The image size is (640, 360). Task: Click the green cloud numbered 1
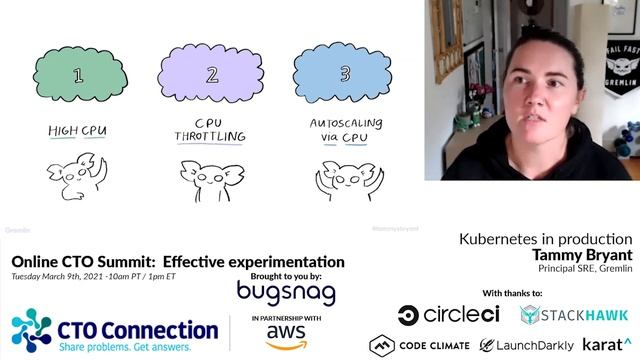click(78, 73)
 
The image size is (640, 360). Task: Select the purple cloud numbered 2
click(211, 75)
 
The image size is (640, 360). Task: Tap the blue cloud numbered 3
click(345, 73)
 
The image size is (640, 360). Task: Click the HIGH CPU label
click(78, 131)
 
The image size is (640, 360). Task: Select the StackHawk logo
click(575, 315)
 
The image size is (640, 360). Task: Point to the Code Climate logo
click(419, 345)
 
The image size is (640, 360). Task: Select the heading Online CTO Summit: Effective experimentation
click(178, 262)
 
